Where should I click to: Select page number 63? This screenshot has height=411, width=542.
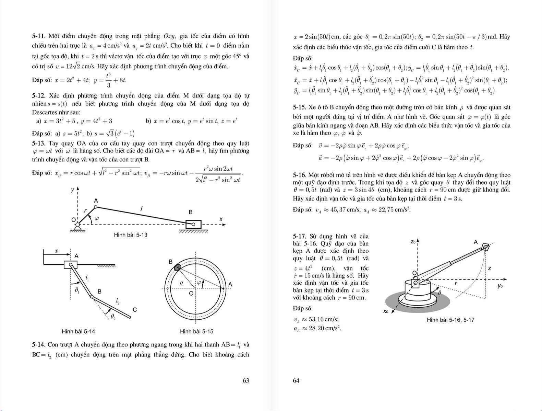pos(245,380)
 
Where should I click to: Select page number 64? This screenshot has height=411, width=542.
pos(296,380)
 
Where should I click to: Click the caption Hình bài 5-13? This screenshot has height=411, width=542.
pos(131,235)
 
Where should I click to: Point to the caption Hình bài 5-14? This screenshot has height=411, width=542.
pos(78,331)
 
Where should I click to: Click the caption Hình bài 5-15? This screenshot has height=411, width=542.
pos(196,331)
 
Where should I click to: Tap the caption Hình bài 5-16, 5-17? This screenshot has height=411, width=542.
pos(450,320)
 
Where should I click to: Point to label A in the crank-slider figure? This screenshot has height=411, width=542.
pos(96,201)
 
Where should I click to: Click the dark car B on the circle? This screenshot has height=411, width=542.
pos(178,267)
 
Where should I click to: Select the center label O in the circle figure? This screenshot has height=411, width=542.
pos(191,294)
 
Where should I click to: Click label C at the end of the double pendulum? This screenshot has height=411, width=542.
pos(135,310)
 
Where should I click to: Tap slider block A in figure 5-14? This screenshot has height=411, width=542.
pos(70,264)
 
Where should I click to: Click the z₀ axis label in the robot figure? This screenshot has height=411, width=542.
pos(413,242)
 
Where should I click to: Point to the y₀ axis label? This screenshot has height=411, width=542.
pos(500,286)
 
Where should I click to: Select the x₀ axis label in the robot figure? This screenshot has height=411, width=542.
pos(386,311)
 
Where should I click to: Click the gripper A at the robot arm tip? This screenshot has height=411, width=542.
pos(485,247)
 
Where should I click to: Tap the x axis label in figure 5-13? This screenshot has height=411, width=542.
pos(221,219)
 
